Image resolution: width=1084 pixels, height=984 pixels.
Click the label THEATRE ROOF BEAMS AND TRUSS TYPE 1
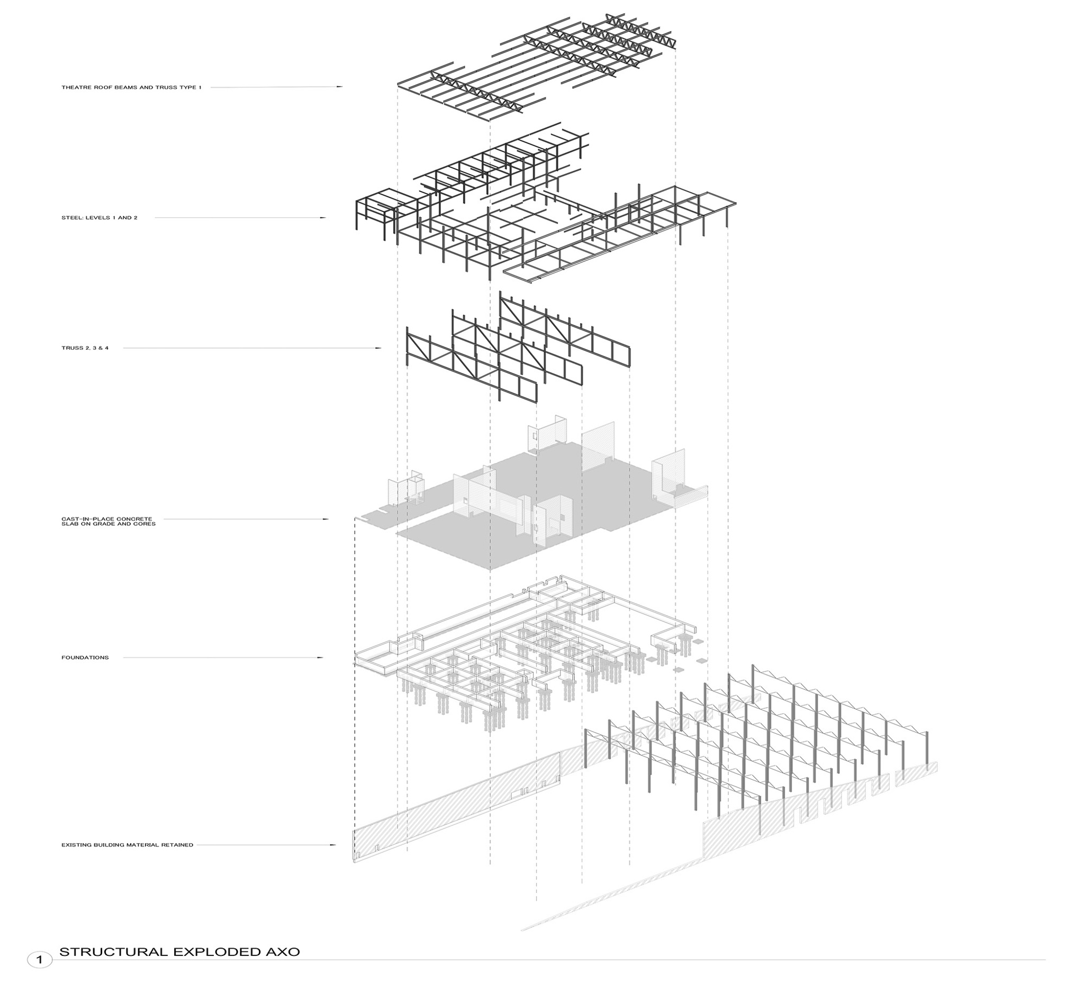click(131, 87)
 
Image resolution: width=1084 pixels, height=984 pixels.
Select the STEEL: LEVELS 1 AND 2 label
click(100, 217)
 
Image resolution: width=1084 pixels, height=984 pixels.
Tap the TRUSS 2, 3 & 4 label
click(85, 348)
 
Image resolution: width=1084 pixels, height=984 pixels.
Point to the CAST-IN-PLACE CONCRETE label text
click(107, 519)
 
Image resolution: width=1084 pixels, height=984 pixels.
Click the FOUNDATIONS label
click(85, 658)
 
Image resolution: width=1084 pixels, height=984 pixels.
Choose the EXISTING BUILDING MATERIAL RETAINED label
click(127, 845)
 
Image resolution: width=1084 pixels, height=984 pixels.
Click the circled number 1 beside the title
click(39, 960)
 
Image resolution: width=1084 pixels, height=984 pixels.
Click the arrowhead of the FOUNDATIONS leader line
click(321, 658)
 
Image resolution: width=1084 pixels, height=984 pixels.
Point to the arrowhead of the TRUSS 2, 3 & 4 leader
click(379, 348)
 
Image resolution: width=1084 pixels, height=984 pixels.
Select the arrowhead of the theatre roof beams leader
click(340, 87)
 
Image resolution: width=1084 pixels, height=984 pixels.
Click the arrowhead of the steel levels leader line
click(324, 217)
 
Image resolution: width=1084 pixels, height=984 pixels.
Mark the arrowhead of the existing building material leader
click(334, 845)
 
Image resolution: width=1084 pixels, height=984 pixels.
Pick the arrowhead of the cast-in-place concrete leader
click(326, 519)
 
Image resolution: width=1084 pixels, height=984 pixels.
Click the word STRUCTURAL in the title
click(113, 952)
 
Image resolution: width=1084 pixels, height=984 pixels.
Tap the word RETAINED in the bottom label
click(180, 845)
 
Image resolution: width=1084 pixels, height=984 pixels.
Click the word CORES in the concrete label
click(146, 524)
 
